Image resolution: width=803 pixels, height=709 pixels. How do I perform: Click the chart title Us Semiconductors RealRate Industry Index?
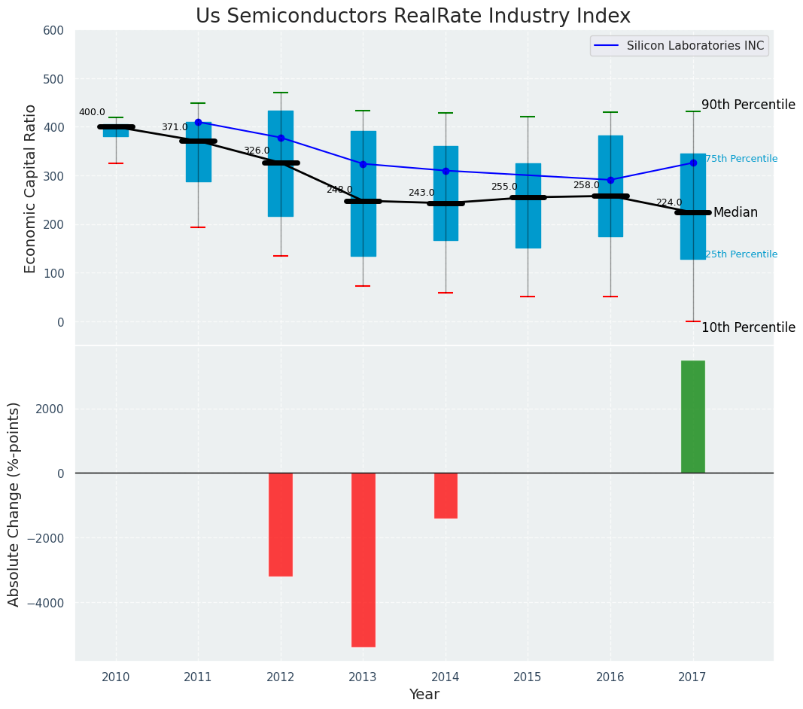[412, 16]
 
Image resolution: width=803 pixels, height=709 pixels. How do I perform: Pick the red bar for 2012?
[281, 524]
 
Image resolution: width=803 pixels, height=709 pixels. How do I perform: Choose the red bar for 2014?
[446, 495]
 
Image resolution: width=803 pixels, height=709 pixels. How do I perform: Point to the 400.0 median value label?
[92, 112]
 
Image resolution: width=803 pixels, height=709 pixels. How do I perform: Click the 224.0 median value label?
[669, 202]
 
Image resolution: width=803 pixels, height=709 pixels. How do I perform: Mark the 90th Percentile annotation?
[748, 105]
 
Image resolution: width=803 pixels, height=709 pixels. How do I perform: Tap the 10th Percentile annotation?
[748, 327]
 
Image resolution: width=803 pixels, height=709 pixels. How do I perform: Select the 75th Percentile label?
[741, 159]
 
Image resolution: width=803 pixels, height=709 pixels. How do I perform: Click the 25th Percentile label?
[741, 254]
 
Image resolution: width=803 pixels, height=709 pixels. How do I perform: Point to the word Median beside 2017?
[735, 213]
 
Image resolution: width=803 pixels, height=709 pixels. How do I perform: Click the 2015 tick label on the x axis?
[528, 677]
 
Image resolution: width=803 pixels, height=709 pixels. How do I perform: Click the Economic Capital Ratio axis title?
[31, 188]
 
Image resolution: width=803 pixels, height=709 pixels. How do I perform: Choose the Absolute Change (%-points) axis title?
[14, 504]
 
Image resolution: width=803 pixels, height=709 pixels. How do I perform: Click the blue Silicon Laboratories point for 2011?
[198, 122]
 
